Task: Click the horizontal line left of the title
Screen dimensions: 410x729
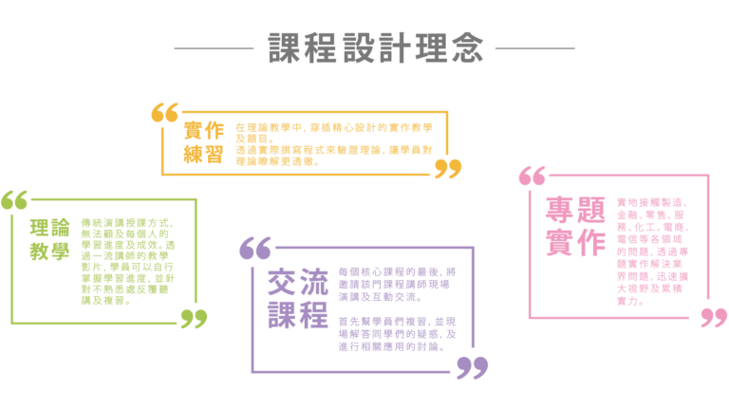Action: tap(214, 48)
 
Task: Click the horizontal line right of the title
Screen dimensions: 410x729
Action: tap(534, 48)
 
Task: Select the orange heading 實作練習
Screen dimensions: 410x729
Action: tap(203, 142)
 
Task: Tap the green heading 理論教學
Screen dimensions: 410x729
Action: tap(49, 239)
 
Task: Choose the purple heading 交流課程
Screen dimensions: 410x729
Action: tap(297, 298)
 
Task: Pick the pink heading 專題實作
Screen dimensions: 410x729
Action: tap(574, 226)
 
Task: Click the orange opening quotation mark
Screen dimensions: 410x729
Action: tap(164, 113)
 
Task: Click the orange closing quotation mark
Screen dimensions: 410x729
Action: tap(448, 169)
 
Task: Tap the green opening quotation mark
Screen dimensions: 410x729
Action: tap(14, 200)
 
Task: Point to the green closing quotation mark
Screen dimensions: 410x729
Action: tap(194, 319)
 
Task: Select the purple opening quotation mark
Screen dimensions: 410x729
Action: tap(255, 249)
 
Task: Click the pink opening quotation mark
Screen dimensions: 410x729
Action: tap(533, 176)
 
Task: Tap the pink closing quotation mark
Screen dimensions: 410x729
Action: tap(714, 317)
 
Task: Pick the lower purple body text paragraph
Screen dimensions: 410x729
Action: tap(397, 334)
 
